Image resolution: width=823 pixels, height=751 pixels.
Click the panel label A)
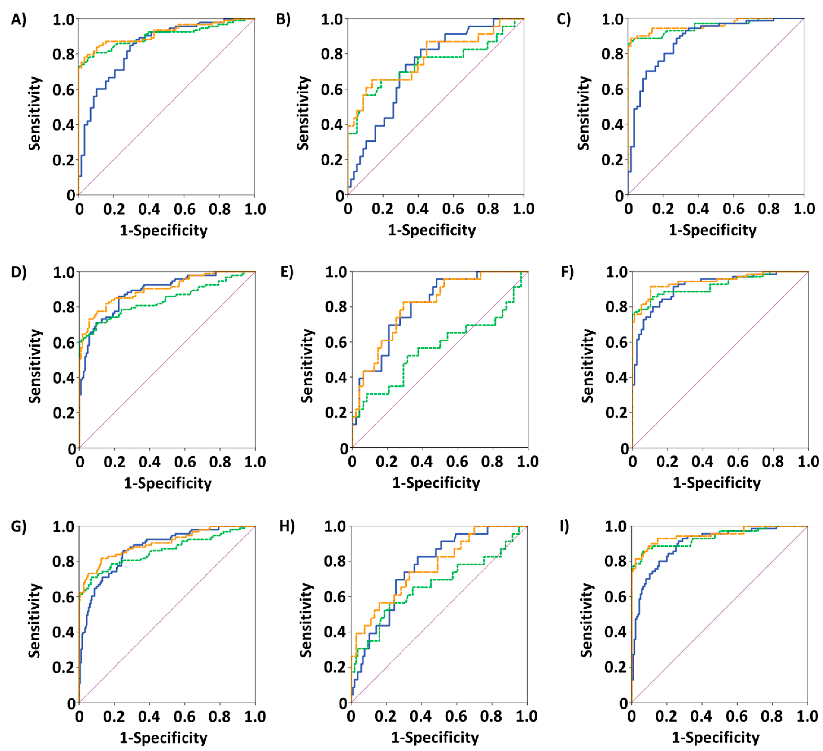pos(18,19)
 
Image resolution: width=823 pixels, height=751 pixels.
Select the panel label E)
pos(287,272)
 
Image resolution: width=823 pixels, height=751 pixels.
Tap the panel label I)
pos(565,526)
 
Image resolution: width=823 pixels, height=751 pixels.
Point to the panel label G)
pos(18,526)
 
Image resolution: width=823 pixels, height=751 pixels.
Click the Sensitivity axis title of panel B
pos(303,113)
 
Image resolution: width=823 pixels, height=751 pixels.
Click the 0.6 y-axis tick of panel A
pos(64,90)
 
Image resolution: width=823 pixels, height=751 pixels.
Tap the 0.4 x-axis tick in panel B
pos(417,209)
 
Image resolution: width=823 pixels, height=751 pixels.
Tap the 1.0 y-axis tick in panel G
pos(64,527)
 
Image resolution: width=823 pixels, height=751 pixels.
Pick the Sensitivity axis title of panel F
pos(588,366)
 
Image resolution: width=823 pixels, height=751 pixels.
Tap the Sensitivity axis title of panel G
pos(35,620)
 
